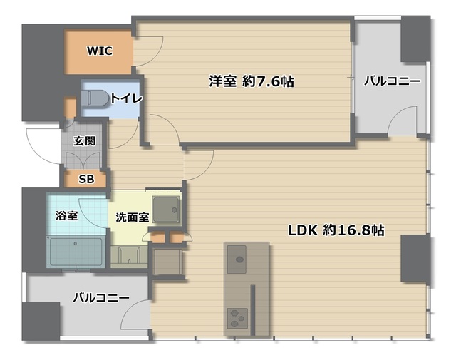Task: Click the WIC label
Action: coord(99,51)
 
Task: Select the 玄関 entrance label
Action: coord(84,141)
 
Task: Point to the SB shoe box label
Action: coord(85,179)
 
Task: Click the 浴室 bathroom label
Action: coord(67,215)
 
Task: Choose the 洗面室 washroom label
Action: coord(132,217)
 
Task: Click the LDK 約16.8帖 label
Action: coord(336,230)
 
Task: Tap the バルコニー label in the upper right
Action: coord(393,81)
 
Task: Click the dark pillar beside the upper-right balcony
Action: coord(415,39)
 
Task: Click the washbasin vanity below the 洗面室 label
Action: coord(128,253)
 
